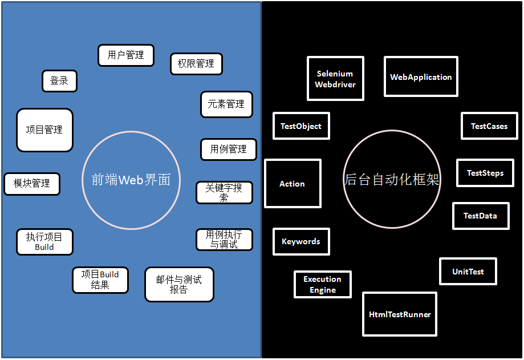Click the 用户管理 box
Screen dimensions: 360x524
125,55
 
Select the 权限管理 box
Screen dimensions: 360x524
196,64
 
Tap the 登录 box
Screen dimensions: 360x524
59,81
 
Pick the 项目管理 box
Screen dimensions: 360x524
44,130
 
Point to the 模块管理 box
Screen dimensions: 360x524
32,184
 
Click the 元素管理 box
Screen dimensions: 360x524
226,104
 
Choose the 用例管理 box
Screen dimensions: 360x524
229,149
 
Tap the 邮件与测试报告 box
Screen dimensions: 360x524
179,284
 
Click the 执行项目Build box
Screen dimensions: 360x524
44,242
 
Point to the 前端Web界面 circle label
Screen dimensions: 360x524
131,180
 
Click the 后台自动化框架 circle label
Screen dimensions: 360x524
392,180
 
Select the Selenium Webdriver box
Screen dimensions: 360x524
335,79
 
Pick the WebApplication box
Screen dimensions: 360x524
421,77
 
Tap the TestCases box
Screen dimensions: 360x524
489,126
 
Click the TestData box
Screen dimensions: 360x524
481,216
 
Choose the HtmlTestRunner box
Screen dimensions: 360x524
400,314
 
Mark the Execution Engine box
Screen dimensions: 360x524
323,284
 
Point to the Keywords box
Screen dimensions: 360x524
301,241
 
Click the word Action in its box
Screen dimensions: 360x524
292,184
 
